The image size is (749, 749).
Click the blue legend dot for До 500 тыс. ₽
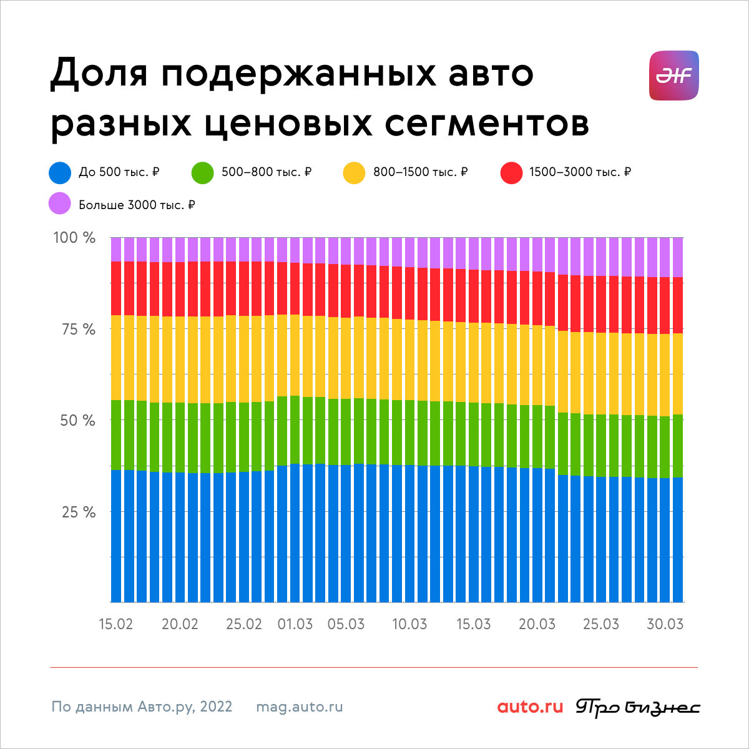(x=60, y=172)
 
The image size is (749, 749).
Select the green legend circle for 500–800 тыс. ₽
(x=202, y=172)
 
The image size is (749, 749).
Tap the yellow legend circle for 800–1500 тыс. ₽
(x=354, y=172)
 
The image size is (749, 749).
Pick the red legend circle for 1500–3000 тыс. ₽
(x=512, y=172)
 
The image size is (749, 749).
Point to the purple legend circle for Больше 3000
(x=60, y=203)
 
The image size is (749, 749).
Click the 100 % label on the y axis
(x=74, y=237)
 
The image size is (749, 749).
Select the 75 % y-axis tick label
(x=78, y=330)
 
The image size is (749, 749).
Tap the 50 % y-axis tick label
(x=78, y=421)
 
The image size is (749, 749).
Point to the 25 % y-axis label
(x=79, y=512)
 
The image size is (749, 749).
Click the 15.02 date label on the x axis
(x=116, y=624)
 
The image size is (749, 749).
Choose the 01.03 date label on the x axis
(x=295, y=624)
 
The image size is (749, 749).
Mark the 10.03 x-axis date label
(x=409, y=624)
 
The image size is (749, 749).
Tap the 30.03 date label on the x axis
(x=665, y=624)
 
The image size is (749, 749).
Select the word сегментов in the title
(x=487, y=124)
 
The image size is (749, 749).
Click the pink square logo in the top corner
(x=674, y=76)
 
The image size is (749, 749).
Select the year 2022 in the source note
(x=216, y=707)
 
